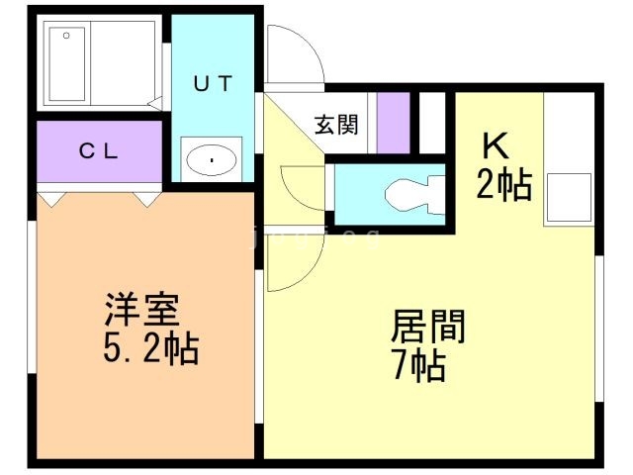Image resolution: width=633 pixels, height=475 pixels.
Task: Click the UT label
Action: click(213, 83)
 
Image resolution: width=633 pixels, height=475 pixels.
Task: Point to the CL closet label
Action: click(99, 151)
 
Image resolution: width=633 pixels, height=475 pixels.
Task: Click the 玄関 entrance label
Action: click(336, 125)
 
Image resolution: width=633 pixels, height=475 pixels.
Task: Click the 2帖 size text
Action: click(504, 184)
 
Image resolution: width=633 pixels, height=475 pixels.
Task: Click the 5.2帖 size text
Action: click(151, 349)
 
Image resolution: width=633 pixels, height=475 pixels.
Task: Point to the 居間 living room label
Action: click(428, 326)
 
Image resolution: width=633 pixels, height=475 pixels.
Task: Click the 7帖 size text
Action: click(416, 366)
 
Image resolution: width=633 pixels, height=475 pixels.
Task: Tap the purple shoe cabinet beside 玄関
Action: click(394, 122)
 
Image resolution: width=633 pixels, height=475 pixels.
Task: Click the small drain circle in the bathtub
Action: click(66, 37)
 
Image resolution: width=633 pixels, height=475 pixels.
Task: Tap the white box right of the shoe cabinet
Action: click(432, 122)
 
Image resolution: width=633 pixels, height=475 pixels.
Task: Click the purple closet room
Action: click(99, 153)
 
